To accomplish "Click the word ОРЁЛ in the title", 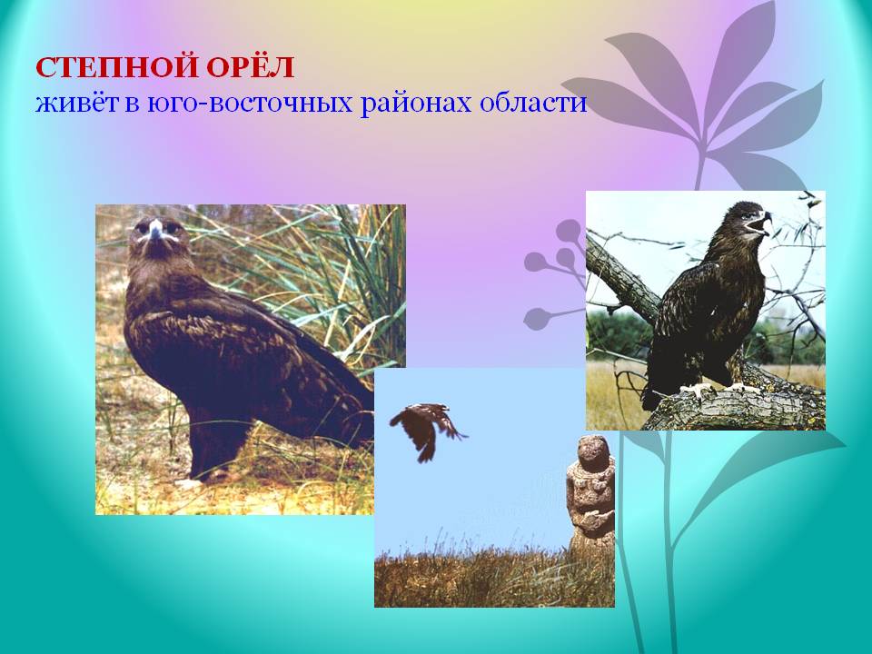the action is [x=251, y=66].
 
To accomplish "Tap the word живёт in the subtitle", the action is [x=76, y=104].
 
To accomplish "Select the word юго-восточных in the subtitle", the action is [x=250, y=104].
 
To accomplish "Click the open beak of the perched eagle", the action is [x=762, y=223].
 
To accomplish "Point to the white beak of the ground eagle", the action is [x=155, y=229].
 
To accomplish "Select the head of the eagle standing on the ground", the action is [x=157, y=238].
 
